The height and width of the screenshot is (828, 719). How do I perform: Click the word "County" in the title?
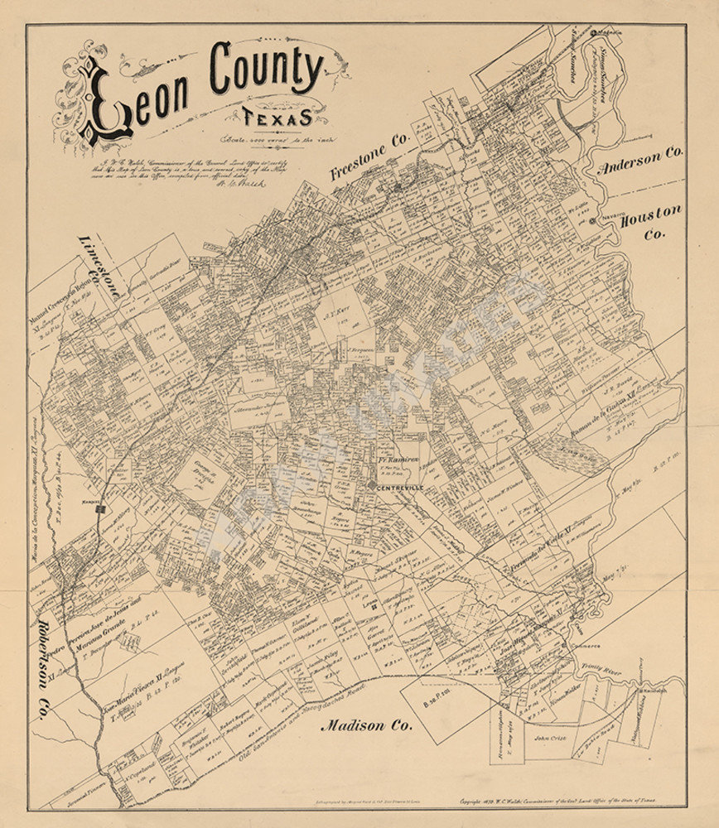click(x=267, y=70)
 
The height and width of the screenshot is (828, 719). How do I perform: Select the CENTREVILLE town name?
click(x=401, y=487)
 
